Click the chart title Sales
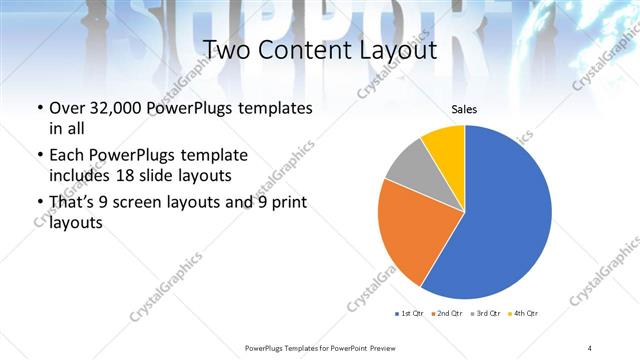pos(464,108)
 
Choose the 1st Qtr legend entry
pos(411,314)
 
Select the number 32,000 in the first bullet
pos(111,108)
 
